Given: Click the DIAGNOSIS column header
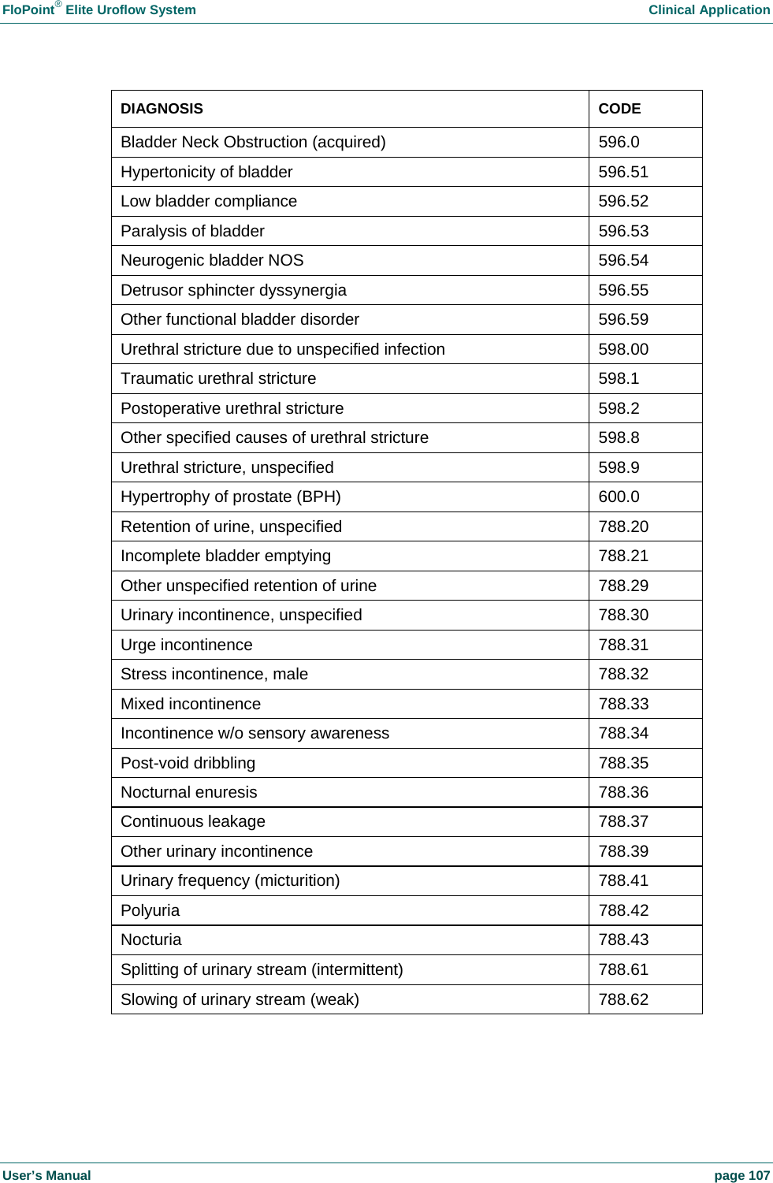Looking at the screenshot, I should pos(162,109).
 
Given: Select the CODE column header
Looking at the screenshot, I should pos(619,109).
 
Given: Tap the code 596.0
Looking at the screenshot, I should pos(619,143).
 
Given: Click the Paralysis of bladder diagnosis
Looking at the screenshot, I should pos(192,231).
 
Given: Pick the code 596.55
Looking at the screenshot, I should pos(623,290).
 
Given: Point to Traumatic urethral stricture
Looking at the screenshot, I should pos(218,379).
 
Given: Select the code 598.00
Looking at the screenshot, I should pos(623,349).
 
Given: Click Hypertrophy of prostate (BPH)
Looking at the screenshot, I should pos(230,497).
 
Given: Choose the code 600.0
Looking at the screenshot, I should pos(619,497).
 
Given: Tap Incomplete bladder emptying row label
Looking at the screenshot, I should pos(225,556).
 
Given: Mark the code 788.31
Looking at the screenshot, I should pos(623,645).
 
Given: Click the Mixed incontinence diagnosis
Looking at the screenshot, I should pos(191,704).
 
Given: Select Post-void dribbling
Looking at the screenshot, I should pos(188,763).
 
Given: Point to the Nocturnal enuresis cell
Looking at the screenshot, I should pos(189,792).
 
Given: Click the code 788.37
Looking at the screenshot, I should pos(623,822).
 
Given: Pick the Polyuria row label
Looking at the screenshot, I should pos(150,910).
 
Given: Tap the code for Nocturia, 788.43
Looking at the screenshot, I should pos(623,939).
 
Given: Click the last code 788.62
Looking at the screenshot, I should pos(623,999).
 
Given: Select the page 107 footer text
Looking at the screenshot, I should pos(741,1175).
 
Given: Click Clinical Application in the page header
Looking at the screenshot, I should pos(708,10).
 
